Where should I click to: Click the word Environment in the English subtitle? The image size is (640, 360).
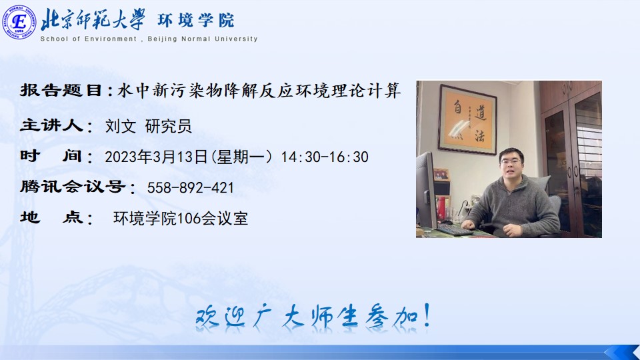point(110,39)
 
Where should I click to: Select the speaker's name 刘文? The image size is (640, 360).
point(121,126)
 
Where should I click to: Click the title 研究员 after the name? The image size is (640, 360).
point(168,126)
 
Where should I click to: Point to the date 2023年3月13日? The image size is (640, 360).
point(156,157)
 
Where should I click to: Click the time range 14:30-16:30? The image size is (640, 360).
point(325,157)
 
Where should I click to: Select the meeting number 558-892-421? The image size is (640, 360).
point(190,188)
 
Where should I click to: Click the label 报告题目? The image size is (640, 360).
point(61,90)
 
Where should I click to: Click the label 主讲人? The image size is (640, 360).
point(52,125)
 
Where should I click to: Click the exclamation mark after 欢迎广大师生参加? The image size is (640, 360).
point(427,315)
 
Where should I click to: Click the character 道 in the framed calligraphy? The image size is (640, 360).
point(480,111)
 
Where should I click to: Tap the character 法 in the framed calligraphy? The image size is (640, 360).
point(479,136)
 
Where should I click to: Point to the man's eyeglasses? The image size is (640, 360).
point(511,162)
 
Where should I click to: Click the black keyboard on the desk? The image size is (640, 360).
point(455,229)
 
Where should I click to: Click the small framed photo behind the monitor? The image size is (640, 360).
point(441,175)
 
